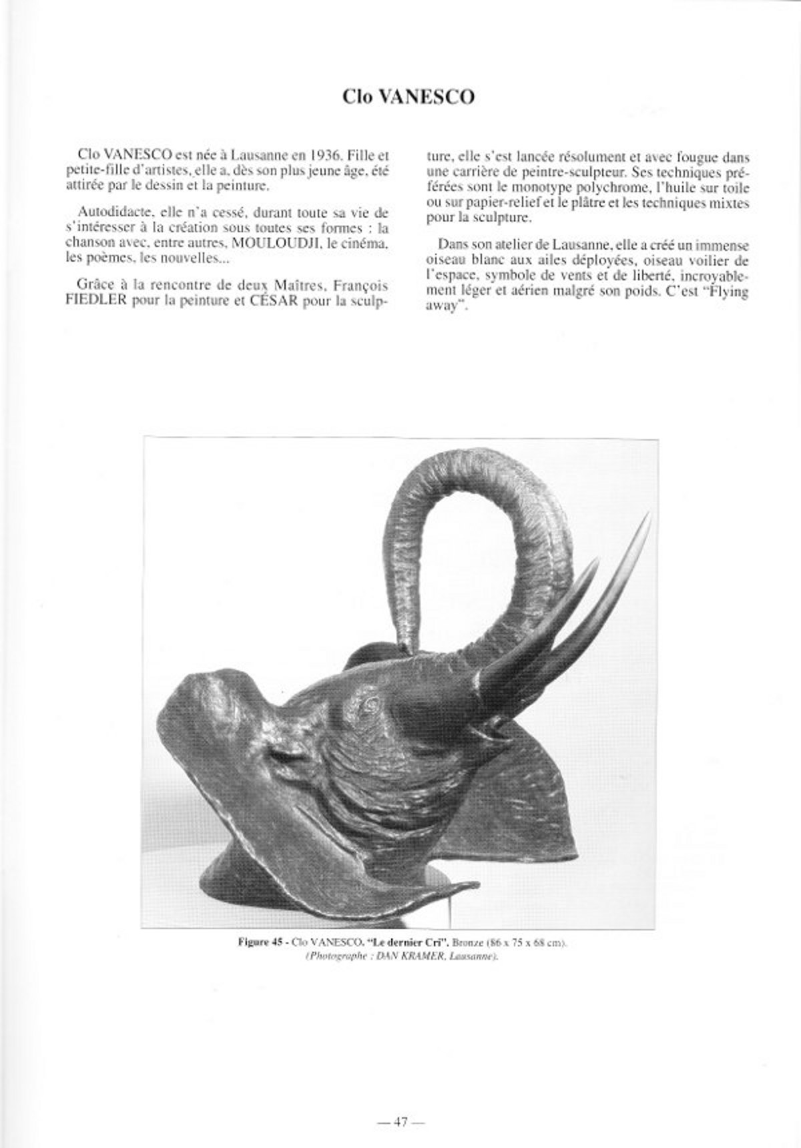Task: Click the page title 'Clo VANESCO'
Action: coord(408,97)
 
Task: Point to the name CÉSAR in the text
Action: coord(250,300)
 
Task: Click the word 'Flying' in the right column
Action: coord(727,292)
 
